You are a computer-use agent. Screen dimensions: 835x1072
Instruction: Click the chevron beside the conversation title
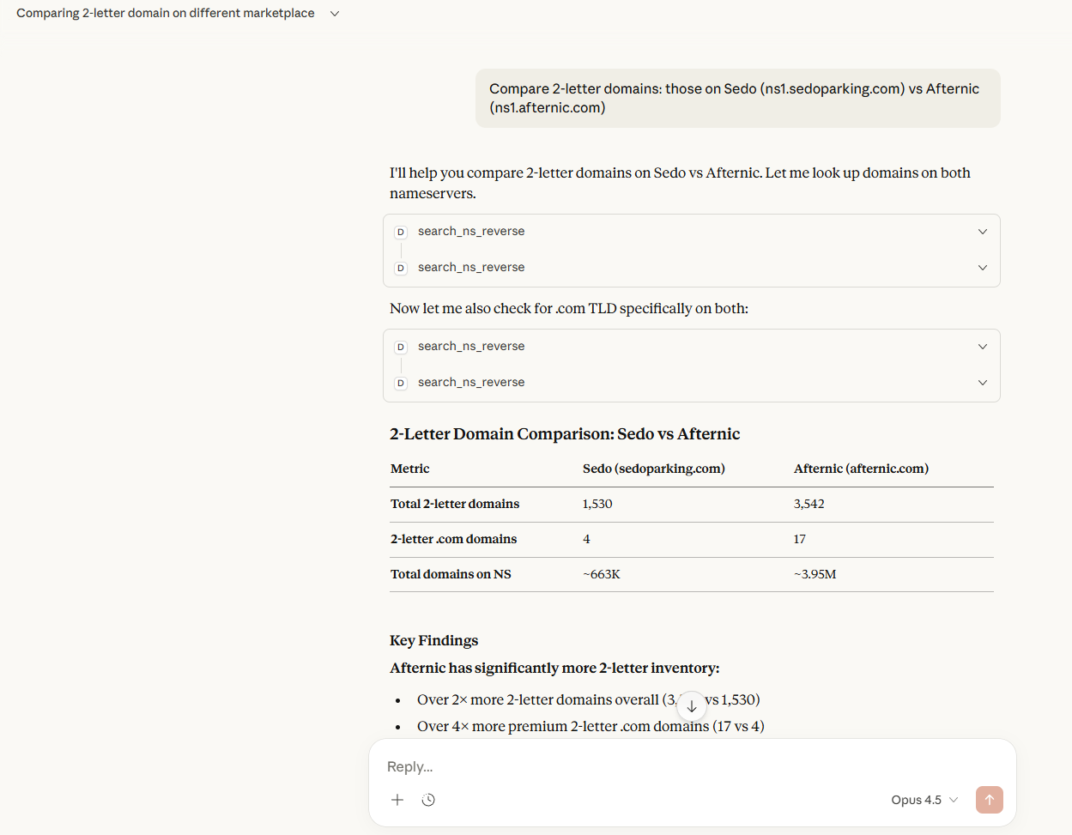tap(335, 14)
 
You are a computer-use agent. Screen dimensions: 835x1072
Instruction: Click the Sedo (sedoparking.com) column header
tap(653, 469)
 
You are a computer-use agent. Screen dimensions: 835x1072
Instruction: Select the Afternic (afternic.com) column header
tap(861, 469)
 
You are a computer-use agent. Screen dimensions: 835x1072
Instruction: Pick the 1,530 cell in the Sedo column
tap(597, 504)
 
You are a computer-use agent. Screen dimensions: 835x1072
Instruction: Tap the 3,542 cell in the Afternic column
tap(809, 504)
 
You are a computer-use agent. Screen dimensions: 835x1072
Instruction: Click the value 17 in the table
tap(800, 539)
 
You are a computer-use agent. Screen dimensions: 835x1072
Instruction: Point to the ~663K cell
tap(601, 574)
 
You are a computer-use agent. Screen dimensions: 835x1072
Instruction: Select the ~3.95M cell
tap(815, 574)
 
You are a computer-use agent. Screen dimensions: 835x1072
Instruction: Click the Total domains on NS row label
tap(451, 574)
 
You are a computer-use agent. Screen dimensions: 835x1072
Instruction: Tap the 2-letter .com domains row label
tap(453, 539)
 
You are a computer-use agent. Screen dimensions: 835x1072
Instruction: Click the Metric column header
tap(409, 469)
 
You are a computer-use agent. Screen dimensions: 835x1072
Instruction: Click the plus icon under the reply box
tap(397, 800)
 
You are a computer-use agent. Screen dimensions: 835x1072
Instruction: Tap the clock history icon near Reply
tap(428, 800)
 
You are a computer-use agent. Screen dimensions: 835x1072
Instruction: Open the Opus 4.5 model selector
tap(924, 800)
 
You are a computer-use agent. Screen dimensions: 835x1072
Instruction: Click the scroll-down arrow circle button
tap(692, 706)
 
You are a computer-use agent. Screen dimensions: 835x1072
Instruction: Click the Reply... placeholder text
tap(410, 766)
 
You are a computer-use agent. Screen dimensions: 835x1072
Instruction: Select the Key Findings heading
tap(433, 640)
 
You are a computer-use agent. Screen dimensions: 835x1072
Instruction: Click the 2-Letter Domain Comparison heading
tap(564, 433)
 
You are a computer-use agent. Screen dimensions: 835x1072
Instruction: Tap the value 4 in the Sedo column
tap(586, 539)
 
